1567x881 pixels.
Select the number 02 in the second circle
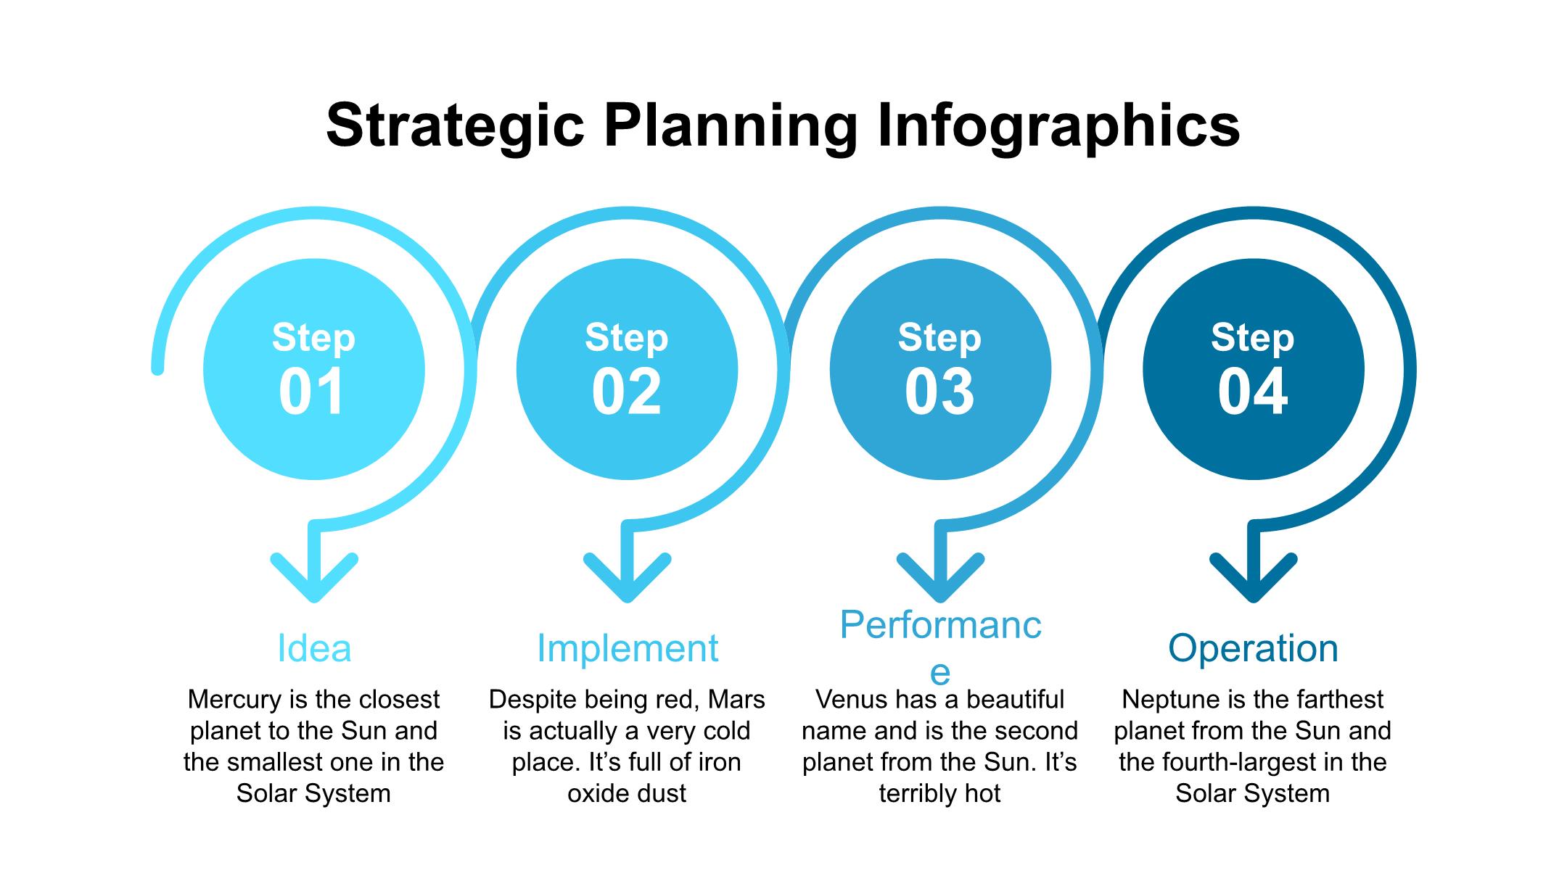[627, 392]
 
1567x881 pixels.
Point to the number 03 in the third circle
[939, 392]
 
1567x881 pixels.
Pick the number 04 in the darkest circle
[1253, 392]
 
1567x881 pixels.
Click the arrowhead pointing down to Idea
[314, 576]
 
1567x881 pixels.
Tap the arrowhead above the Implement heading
[628, 576]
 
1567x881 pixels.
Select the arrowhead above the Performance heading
[941, 576]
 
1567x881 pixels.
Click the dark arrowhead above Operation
[1254, 576]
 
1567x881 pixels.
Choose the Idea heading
[314, 648]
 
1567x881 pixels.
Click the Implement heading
[628, 648]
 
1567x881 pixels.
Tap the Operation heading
[1253, 648]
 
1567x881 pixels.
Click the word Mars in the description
[736, 700]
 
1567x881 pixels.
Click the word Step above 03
[939, 338]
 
